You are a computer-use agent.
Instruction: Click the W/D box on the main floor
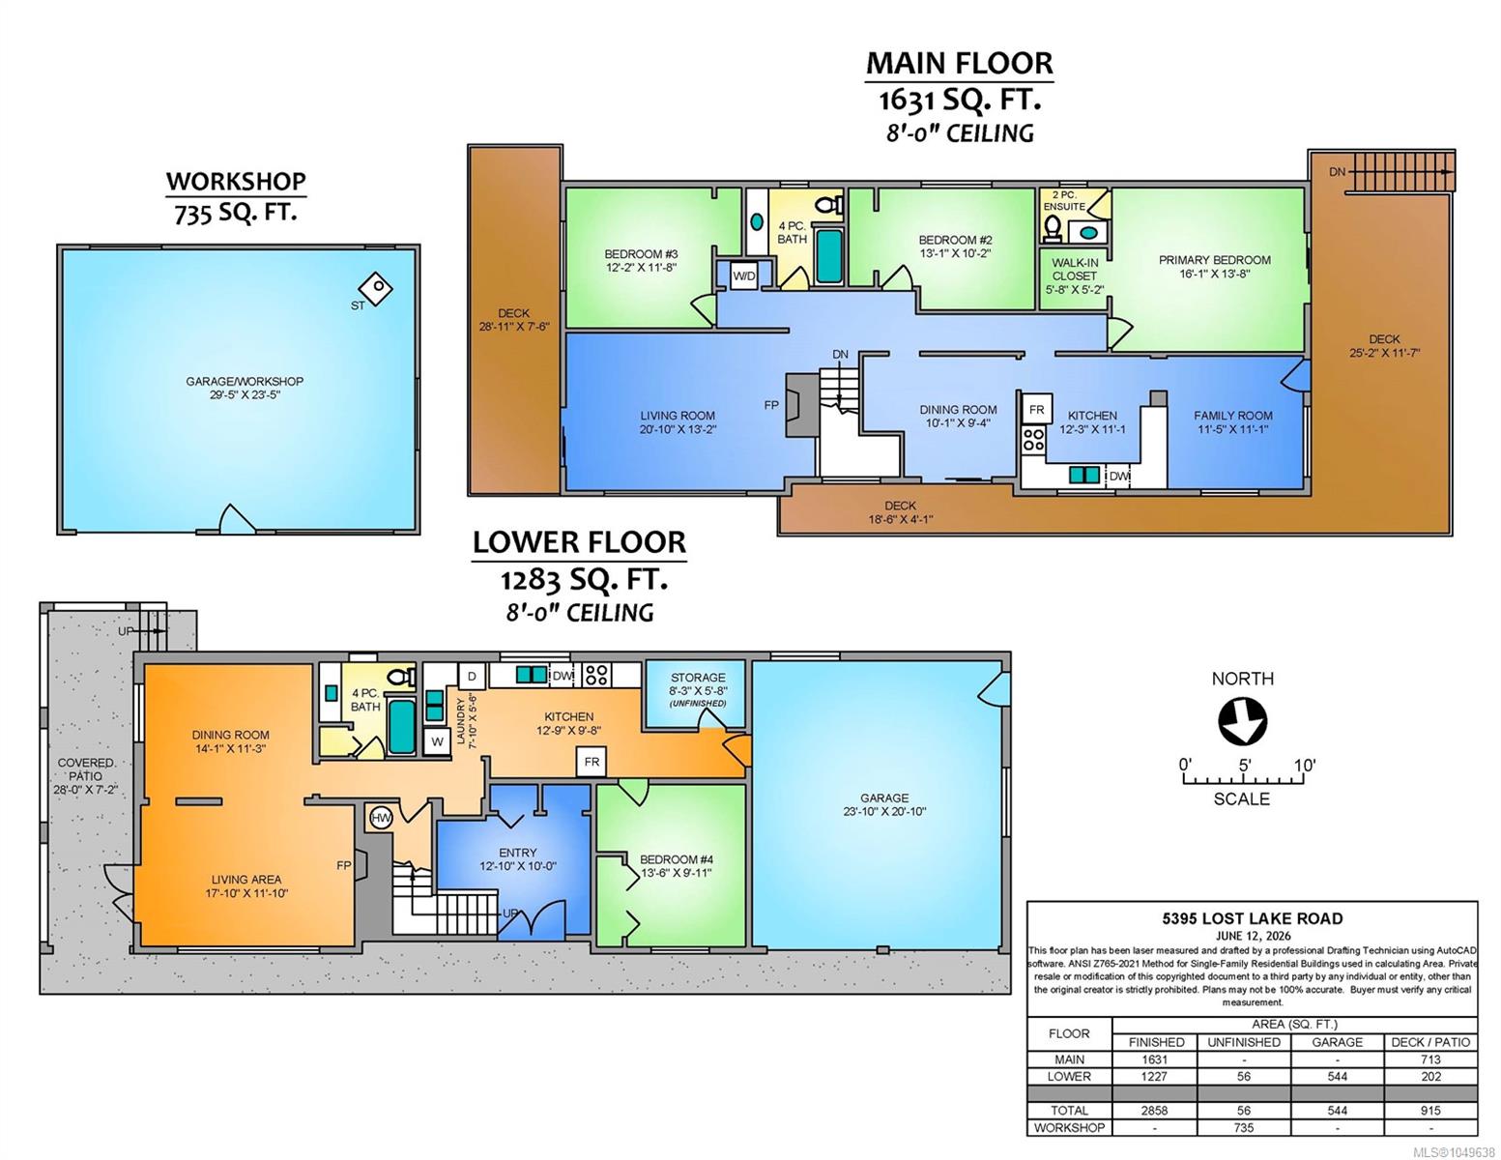point(744,276)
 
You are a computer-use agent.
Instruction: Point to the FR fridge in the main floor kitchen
point(1036,410)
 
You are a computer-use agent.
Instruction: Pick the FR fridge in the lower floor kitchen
point(592,762)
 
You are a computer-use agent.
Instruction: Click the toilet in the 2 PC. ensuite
point(1052,228)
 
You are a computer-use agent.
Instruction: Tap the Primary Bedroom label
point(1214,267)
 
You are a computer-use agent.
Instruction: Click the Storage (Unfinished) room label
point(698,689)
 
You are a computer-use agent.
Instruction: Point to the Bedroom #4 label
point(677,866)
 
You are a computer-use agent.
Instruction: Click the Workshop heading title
point(236,181)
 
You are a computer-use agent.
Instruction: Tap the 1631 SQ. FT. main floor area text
point(960,101)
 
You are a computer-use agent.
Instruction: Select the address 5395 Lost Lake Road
point(1252,918)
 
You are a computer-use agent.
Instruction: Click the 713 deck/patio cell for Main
point(1430,1059)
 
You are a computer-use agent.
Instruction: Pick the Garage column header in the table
point(1338,1042)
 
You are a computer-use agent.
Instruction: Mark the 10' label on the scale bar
point(1305,766)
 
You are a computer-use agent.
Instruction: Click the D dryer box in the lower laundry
point(473,676)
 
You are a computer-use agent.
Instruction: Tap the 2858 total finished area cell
point(1154,1111)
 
